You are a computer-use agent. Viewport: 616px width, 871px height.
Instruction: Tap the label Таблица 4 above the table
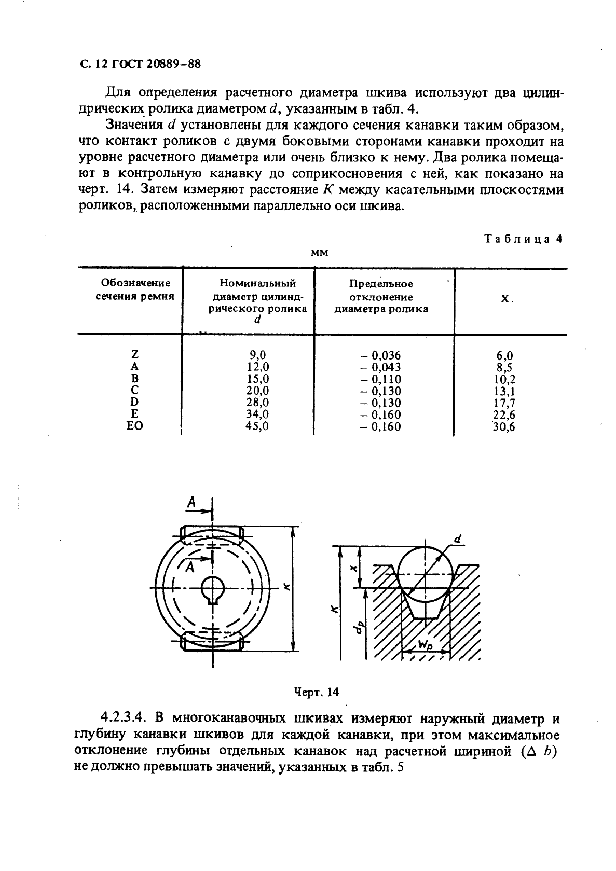523,239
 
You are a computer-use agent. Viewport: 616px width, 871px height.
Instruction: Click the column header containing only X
504,300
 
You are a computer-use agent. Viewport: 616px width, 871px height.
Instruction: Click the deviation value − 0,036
381,355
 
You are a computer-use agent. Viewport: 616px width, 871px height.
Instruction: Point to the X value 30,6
503,427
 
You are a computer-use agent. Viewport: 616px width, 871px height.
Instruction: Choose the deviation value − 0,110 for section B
381,379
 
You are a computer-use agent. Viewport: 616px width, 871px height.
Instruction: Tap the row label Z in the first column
134,355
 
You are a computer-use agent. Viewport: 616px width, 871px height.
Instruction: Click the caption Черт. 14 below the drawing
316,692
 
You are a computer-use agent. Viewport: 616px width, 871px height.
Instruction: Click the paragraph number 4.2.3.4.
124,719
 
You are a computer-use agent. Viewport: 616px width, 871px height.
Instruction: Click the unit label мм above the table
320,253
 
